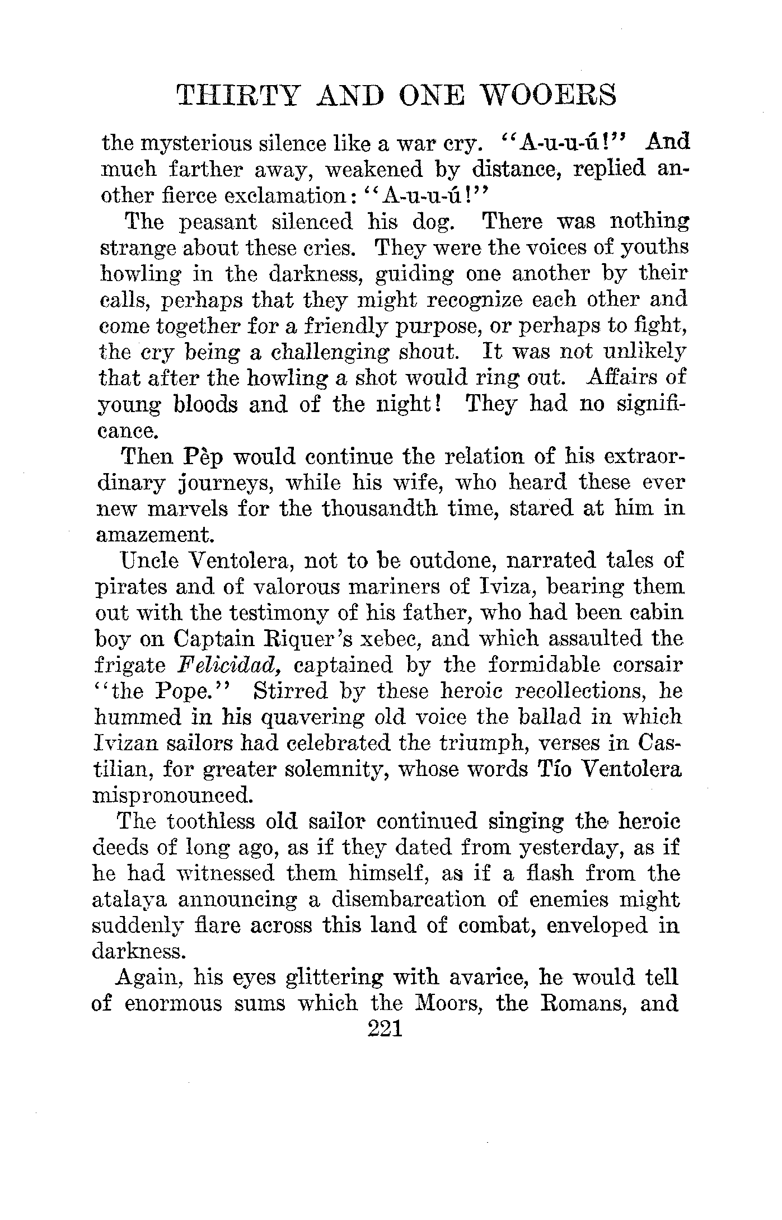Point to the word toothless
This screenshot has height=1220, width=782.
click(x=210, y=821)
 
